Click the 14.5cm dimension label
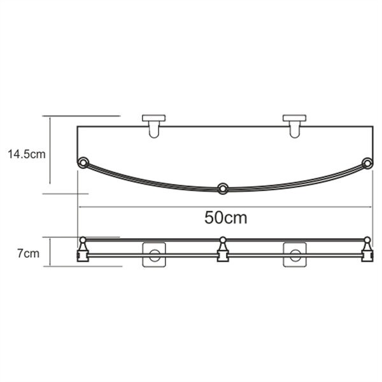coord(27,155)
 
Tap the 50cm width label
coord(225,218)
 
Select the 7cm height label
coord(28,253)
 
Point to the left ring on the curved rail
coord(83,162)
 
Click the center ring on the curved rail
coord(222,188)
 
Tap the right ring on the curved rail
coord(367,163)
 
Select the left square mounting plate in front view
coord(154,254)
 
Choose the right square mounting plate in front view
coord(295,254)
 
